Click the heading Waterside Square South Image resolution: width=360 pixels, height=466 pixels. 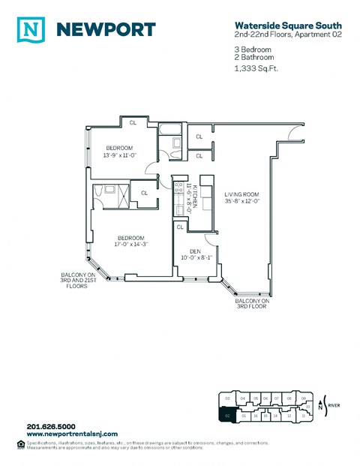278,24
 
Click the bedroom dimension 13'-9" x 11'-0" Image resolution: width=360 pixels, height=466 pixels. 118,154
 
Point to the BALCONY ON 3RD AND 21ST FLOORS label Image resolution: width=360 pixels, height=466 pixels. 79,280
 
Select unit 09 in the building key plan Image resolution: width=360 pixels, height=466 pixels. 302,398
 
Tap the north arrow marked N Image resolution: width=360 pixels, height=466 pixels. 321,406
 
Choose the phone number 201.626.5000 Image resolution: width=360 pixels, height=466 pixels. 49,428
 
